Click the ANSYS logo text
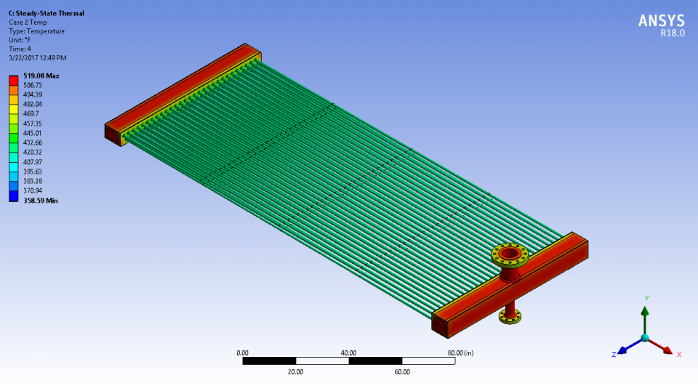662,21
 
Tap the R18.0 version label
673,33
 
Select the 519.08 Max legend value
41,76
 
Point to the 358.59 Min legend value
41,201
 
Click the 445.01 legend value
32,133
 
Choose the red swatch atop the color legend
14,81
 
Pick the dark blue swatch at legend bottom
14,196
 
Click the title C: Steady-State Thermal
47,13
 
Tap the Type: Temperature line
36,31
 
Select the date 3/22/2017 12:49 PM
37,58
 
